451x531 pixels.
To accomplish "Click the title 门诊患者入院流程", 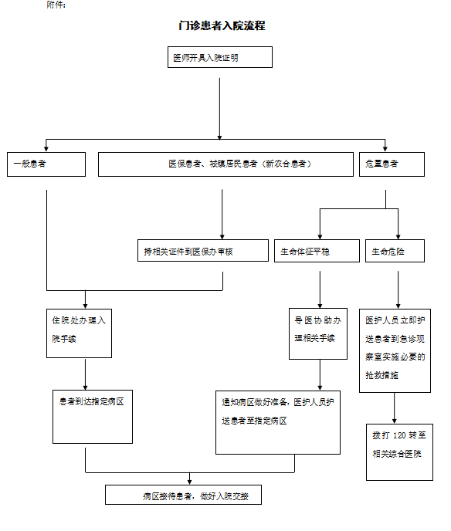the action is [222, 25].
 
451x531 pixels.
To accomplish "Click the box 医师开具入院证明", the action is [220, 57].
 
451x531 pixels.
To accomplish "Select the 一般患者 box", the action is [46, 164].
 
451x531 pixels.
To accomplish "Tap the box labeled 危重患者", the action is [392, 164].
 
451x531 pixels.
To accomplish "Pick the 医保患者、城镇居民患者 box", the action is [225, 164].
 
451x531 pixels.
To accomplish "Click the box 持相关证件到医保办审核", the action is [203, 251].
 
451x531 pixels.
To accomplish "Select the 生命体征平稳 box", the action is [317, 251].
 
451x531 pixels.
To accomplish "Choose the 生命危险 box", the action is [395, 251].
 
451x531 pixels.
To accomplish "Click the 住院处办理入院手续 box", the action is [79, 333].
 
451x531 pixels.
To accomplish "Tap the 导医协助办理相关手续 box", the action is [318, 333].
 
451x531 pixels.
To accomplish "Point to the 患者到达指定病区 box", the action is [93, 417].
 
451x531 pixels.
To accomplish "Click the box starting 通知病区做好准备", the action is [278, 422].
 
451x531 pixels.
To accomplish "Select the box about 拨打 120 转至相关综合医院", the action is [399, 452].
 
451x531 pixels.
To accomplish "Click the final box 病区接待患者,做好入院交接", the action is [183, 495].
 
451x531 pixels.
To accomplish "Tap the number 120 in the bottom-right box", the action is [399, 435].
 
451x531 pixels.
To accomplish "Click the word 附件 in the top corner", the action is [55, 5].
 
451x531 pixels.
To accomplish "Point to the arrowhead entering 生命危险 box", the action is [398, 237].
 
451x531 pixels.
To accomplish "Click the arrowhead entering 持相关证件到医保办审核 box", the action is [222, 237].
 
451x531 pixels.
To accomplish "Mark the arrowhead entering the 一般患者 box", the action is [46, 150].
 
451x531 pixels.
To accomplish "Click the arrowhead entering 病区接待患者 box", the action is [189, 482].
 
